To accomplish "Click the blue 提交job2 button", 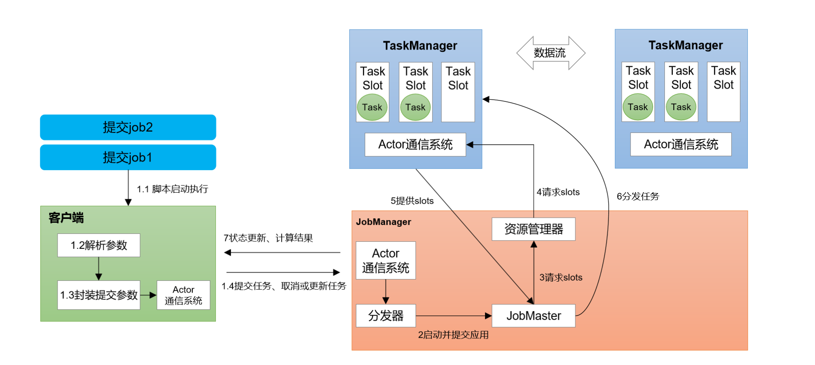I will click(x=128, y=127).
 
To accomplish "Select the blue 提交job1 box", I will click(x=128, y=157).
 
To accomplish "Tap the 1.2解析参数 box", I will click(x=99, y=245).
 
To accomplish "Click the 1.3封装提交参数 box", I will click(x=99, y=295).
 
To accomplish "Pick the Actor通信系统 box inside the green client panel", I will click(x=183, y=295).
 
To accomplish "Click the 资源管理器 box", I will click(x=533, y=229).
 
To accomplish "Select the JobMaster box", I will click(x=533, y=316).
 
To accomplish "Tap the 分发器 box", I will click(x=386, y=316).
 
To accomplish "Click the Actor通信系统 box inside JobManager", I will click(x=386, y=261).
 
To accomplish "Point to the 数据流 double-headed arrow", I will click(x=550, y=53).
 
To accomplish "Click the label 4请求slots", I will click(x=558, y=192).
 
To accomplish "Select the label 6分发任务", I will click(x=638, y=197).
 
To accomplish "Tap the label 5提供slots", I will click(x=412, y=201).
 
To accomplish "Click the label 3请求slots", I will click(x=560, y=277).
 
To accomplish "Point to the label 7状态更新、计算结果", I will click(x=268, y=238).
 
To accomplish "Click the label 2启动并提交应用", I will click(x=453, y=335).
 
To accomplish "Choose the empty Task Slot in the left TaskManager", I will click(x=458, y=92).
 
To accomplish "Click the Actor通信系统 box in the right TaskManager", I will click(x=681, y=144).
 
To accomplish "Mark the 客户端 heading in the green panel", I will click(x=66, y=218).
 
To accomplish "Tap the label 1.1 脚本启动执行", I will click(x=172, y=189).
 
